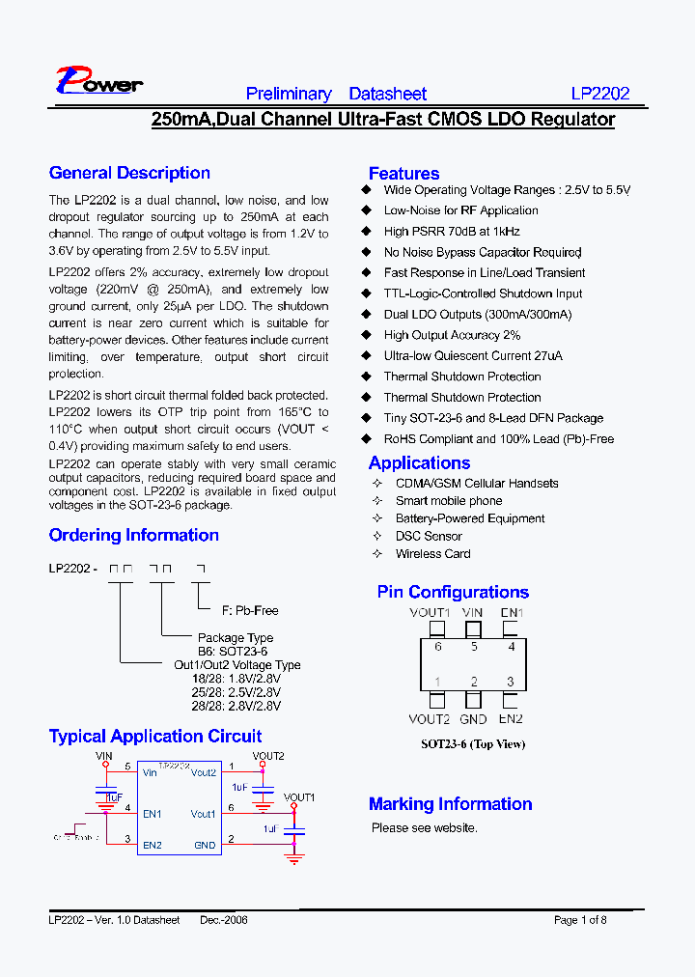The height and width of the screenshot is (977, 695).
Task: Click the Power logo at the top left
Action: tap(98, 81)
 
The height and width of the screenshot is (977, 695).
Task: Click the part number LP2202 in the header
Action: tap(599, 94)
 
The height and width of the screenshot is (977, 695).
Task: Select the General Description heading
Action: tap(129, 174)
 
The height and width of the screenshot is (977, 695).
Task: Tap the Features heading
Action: tap(403, 174)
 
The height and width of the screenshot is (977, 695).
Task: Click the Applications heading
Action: tap(419, 463)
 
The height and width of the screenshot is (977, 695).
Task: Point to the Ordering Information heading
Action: tap(133, 536)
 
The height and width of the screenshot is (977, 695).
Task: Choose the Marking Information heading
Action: tap(450, 804)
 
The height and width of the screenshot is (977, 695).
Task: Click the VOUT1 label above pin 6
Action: tap(430, 613)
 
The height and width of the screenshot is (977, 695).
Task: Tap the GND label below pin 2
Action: tap(473, 719)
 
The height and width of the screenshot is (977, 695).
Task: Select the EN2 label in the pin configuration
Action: tap(511, 719)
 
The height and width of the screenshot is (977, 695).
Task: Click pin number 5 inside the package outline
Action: tap(474, 647)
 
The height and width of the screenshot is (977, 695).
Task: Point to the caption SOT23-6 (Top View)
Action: tap(473, 744)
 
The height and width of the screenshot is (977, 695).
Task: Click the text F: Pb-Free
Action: tap(250, 610)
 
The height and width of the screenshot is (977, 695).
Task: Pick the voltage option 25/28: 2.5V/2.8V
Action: tap(236, 692)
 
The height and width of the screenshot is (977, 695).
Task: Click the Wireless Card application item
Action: tap(432, 554)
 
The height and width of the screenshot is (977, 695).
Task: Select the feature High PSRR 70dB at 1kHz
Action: tap(452, 232)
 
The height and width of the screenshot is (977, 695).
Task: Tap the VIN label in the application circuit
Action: tap(104, 757)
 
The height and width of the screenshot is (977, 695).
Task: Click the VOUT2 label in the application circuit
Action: tap(268, 756)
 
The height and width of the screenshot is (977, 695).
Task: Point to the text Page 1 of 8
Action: tap(580, 920)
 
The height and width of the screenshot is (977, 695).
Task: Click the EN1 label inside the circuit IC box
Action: tap(153, 814)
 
